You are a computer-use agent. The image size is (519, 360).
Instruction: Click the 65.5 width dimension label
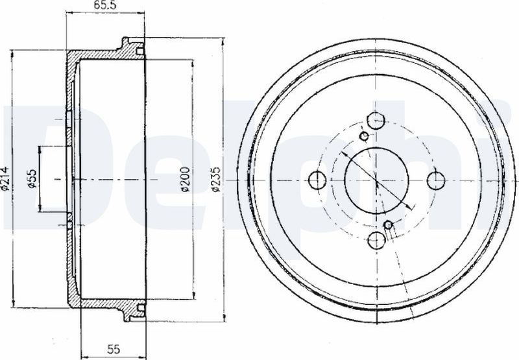[x=101, y=6]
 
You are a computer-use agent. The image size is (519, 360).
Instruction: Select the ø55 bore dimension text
[x=32, y=178]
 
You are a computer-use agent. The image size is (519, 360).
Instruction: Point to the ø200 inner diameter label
[x=186, y=179]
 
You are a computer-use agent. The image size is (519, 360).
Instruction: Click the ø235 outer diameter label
[x=216, y=179]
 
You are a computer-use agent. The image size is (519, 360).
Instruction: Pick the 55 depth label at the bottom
[x=113, y=349]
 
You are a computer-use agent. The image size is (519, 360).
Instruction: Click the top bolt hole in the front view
[x=377, y=121]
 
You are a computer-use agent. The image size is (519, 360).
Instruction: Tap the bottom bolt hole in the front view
[x=377, y=240]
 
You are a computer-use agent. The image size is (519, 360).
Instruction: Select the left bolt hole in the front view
[x=317, y=180]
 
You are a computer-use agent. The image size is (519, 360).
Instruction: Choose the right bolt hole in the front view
[x=436, y=180]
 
